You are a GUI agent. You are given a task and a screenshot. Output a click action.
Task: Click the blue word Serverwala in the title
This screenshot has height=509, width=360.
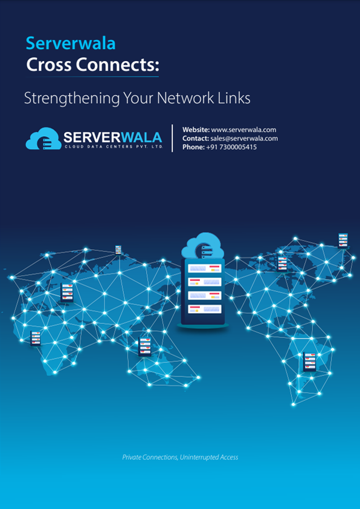click(71, 43)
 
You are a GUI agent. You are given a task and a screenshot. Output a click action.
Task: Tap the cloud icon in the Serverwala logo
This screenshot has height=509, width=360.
click(43, 138)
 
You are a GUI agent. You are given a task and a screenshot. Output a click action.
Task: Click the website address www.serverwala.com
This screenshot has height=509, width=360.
click(243, 130)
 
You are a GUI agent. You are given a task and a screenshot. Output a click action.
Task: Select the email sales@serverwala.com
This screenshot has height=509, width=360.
click(244, 138)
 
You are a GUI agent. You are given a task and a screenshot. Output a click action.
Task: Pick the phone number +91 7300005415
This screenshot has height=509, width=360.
click(231, 147)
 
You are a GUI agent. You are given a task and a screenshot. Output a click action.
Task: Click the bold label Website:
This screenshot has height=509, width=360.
click(196, 130)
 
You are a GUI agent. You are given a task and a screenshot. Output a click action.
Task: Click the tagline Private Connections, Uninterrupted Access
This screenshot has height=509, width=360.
click(180, 457)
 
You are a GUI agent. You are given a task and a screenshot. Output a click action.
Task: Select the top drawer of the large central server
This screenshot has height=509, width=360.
click(205, 268)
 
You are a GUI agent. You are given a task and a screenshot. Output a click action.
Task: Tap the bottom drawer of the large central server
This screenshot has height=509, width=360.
click(205, 309)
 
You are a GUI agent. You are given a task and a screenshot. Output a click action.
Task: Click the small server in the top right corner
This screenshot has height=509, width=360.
click(343, 241)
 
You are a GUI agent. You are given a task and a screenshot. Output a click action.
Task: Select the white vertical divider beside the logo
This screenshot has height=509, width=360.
click(172, 138)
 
